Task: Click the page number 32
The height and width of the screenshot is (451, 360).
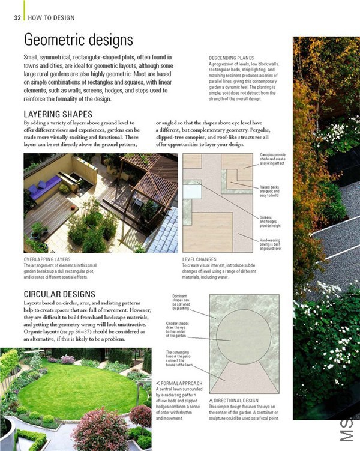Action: coord(17,17)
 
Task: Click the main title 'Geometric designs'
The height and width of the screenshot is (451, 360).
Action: coord(78,40)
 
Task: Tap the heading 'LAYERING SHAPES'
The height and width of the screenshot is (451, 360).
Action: coord(58,114)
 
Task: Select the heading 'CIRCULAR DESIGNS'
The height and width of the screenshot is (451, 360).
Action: coord(59,294)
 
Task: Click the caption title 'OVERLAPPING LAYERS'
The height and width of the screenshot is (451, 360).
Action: coord(47,259)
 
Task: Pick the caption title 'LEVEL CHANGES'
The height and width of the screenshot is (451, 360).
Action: coord(199,259)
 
